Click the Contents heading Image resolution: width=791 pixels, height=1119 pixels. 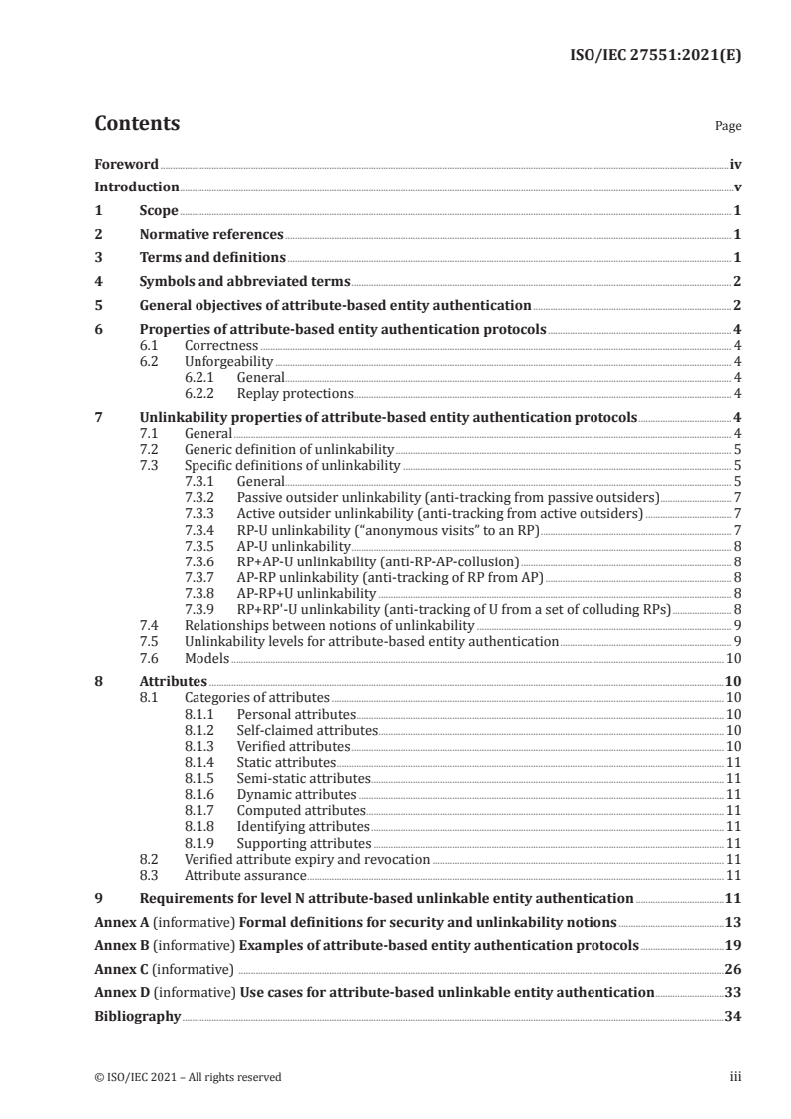click(x=137, y=124)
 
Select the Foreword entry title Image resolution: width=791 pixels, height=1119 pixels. click(x=126, y=164)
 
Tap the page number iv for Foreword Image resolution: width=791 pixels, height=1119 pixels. click(x=735, y=164)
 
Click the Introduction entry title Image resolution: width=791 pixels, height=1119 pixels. click(x=137, y=186)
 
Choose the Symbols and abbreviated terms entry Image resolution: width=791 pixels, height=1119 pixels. click(x=244, y=282)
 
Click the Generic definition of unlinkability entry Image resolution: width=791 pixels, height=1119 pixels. click(x=289, y=450)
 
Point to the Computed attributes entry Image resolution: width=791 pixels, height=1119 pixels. click(x=300, y=810)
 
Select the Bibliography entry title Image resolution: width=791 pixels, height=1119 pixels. click(x=137, y=1017)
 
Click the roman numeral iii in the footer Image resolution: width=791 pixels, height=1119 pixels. click(x=736, y=1077)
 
